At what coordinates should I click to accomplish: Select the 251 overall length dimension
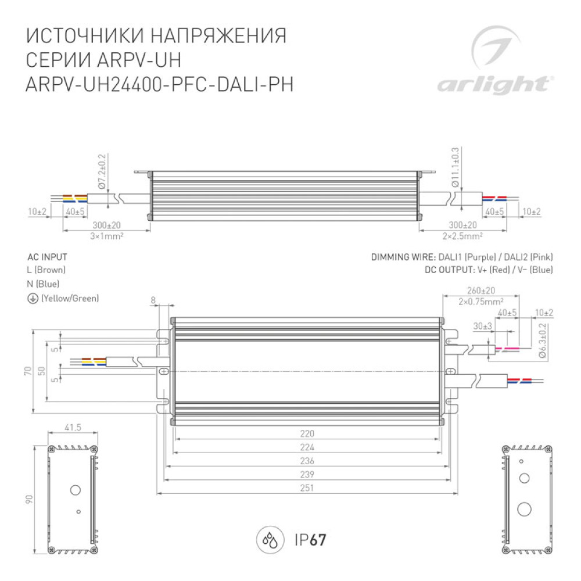pos(307,487)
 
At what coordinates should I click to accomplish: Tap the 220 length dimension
pos(307,433)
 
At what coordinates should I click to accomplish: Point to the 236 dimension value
pos(307,461)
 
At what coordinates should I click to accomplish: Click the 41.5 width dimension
pos(73,427)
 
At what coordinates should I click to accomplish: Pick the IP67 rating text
pos(310,540)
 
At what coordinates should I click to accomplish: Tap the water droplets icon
pos(270,540)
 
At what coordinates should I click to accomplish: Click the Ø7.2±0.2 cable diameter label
pos(102,171)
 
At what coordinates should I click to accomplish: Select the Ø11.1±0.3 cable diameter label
pos(456,167)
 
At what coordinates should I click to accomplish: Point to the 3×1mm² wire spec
pos(107,236)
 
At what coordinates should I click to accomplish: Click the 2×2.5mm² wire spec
pos(462,236)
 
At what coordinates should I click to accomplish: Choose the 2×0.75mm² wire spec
pos(480,302)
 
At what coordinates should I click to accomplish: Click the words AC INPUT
pos(47,257)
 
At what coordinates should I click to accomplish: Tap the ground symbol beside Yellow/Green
pos(33,299)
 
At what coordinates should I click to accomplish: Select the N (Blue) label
pos(43,284)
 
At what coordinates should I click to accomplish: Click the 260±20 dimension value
pos(480,290)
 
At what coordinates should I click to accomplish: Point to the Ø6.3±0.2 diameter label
pos(543,340)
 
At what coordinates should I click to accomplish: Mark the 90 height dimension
pos(29,499)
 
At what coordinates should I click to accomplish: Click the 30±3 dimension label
pos(482,326)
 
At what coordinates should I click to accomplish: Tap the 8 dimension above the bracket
pos(153,300)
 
